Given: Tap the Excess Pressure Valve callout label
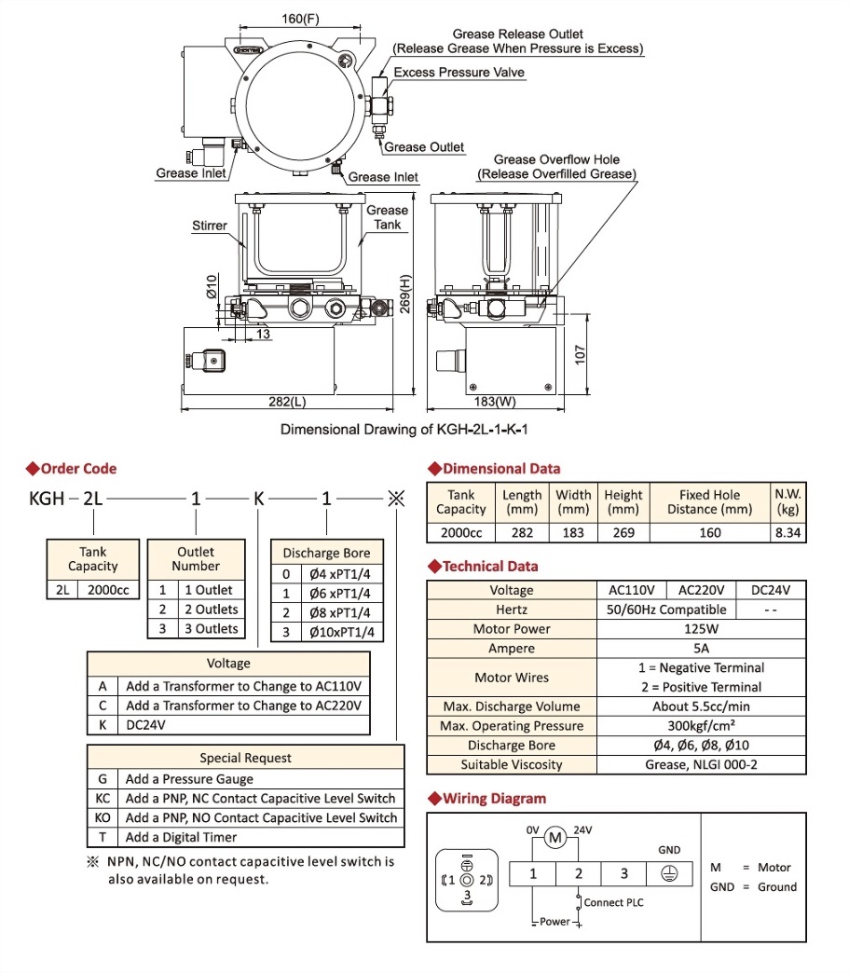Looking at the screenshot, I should [459, 72].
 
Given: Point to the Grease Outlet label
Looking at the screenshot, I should [424, 146].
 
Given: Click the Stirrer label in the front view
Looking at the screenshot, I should [209, 226].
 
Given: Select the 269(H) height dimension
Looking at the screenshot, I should [404, 295].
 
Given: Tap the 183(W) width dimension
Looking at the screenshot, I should [495, 402].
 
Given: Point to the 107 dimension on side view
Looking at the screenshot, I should [580, 354].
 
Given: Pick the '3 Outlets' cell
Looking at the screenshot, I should [210, 629].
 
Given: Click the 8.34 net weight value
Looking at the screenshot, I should [788, 533].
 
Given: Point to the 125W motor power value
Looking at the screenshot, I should [701, 629].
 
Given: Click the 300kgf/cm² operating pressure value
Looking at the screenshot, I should [701, 726].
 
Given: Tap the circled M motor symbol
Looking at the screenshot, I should [555, 838].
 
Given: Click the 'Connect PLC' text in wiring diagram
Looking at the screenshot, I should [613, 902].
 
